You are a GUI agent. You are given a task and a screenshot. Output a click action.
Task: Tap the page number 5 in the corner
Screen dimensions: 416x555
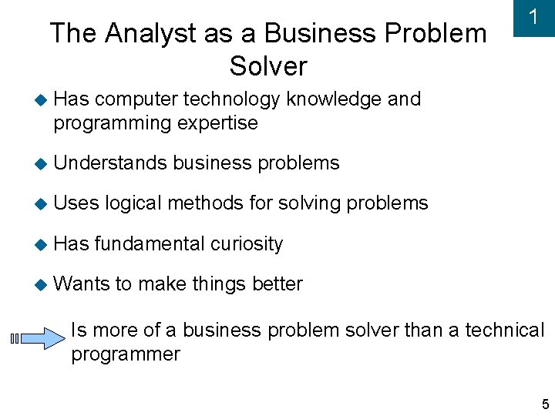[545, 404]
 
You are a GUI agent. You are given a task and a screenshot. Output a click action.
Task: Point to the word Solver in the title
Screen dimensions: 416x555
[267, 66]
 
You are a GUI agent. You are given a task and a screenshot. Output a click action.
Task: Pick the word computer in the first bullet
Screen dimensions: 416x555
[136, 99]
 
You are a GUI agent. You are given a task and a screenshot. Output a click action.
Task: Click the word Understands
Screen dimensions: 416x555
[110, 163]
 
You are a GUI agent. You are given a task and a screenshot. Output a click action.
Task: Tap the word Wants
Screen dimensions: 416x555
[82, 283]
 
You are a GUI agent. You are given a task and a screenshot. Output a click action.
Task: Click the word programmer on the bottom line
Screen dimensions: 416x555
[125, 354]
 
